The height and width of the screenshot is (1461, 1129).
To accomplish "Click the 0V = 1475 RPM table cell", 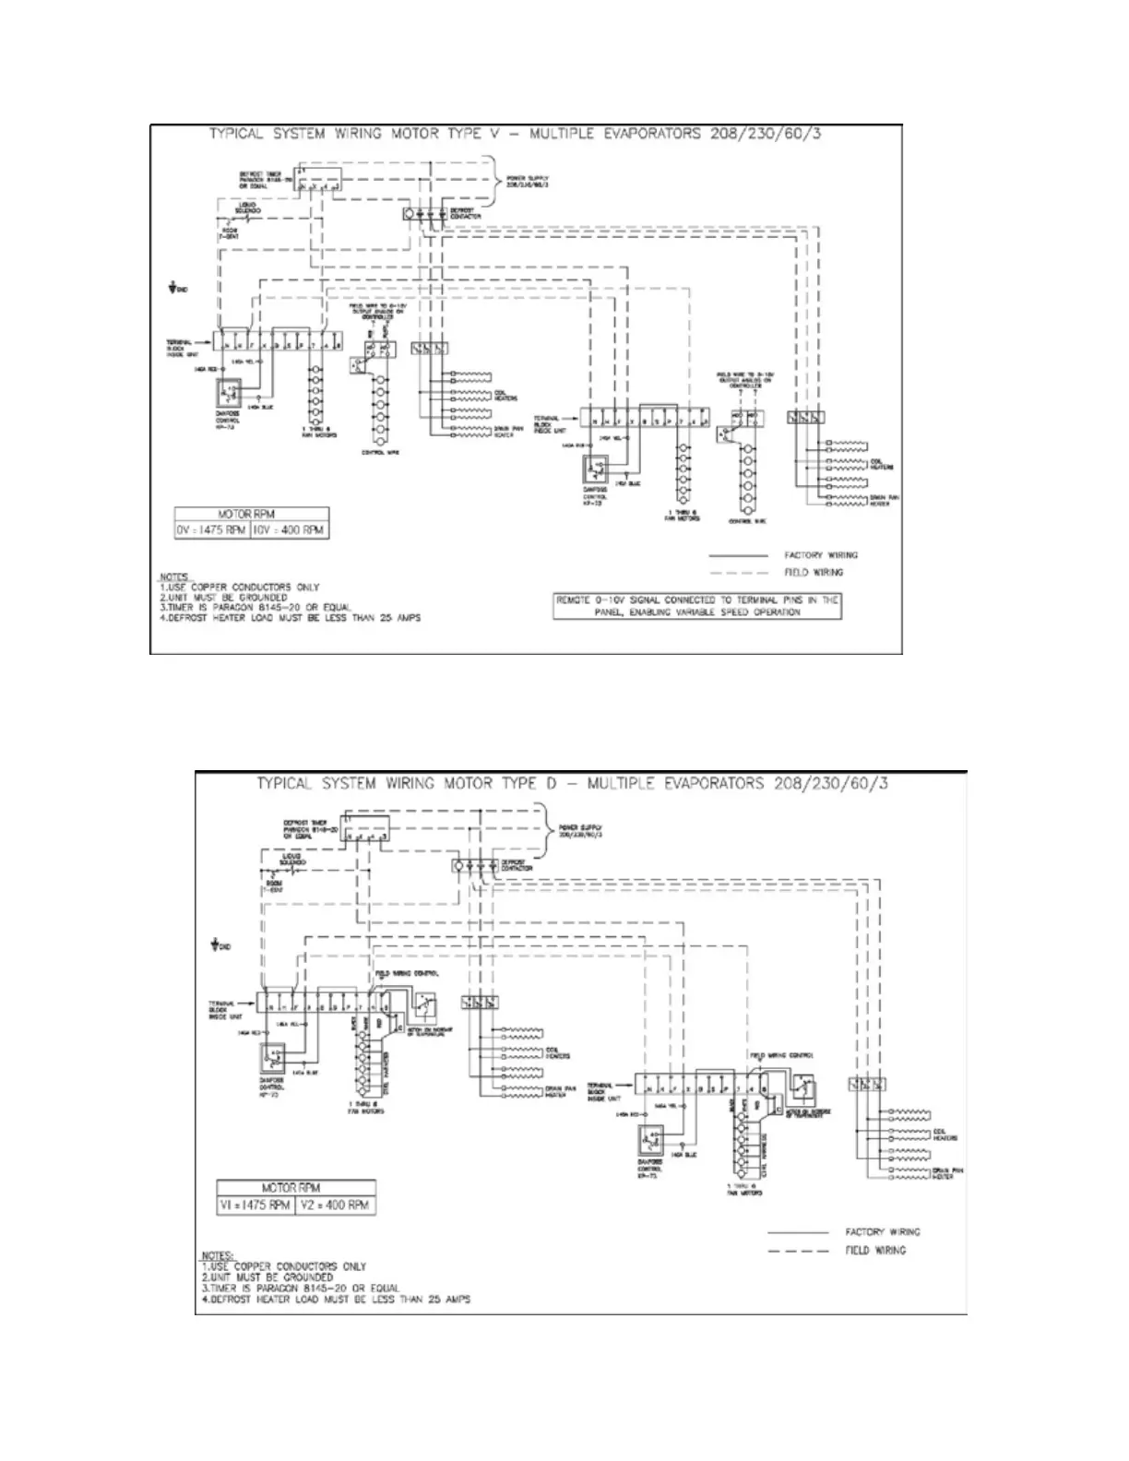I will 212,531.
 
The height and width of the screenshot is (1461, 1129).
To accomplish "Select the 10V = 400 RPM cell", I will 289,531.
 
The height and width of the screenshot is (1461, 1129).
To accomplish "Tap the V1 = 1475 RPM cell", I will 256,1205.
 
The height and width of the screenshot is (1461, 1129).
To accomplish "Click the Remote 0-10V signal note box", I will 697,605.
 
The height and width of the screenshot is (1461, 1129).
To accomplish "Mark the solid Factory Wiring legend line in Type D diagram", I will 798,1232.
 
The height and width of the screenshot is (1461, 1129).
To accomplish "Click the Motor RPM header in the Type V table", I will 251,515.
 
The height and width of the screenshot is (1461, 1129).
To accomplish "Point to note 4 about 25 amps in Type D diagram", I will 336,1299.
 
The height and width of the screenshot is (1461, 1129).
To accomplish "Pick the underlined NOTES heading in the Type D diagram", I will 219,1256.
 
